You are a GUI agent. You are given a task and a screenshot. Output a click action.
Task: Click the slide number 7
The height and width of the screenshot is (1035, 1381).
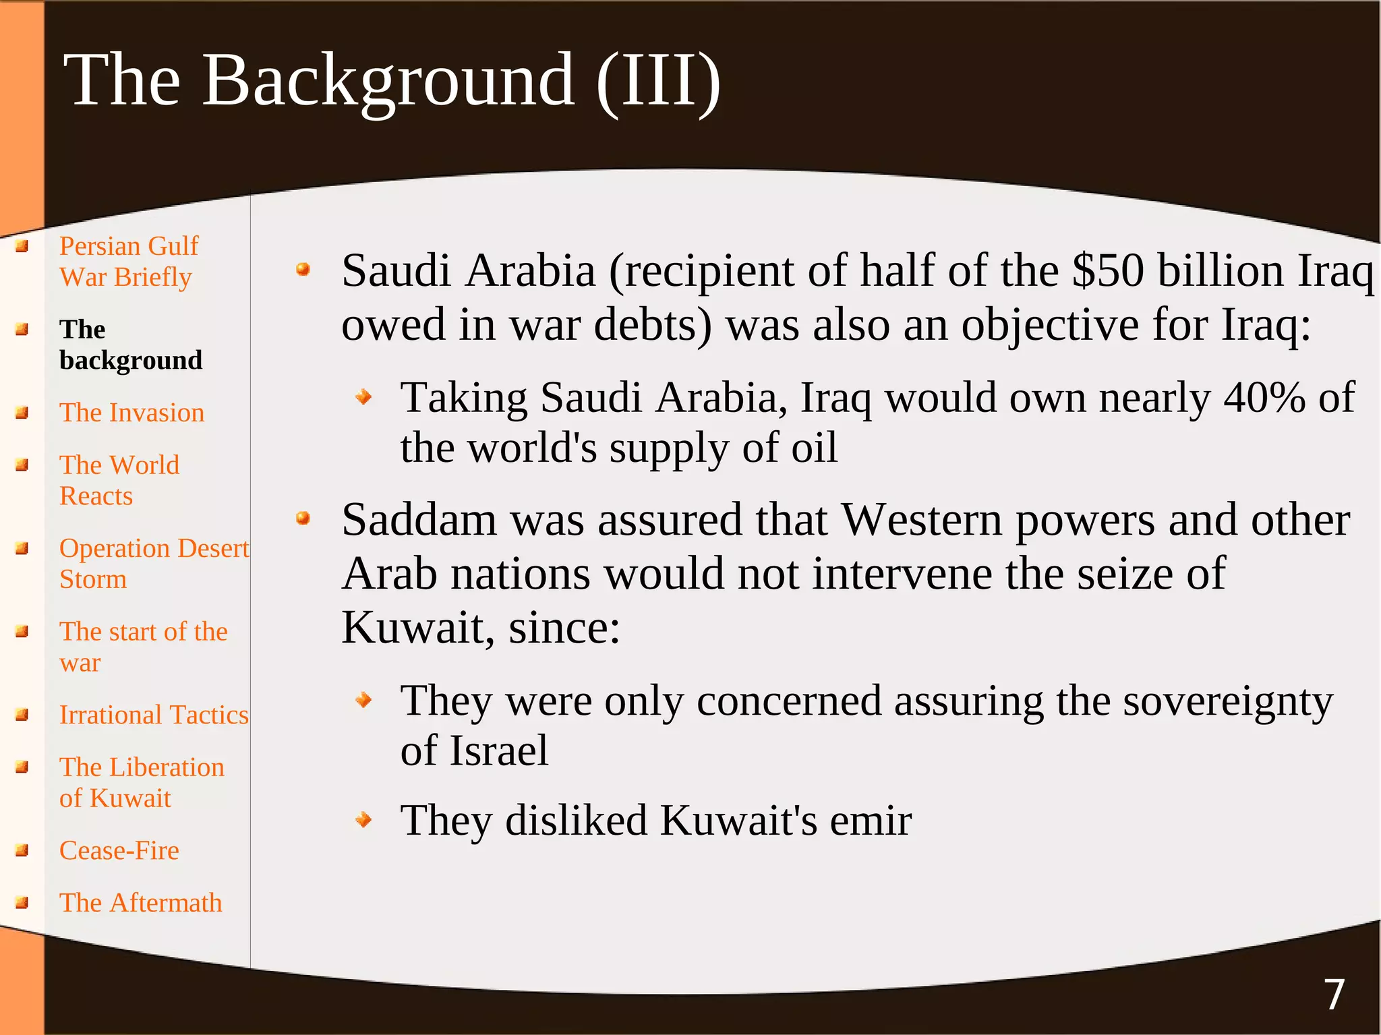1334,995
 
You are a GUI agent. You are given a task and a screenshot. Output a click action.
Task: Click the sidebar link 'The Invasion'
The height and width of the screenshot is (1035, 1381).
131,413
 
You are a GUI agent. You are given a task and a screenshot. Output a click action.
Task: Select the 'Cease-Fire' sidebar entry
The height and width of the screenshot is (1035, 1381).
119,851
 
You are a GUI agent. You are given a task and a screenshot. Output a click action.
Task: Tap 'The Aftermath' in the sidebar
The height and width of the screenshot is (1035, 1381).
140,903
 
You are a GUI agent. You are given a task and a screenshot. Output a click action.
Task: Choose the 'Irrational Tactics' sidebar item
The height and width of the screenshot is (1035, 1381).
154,715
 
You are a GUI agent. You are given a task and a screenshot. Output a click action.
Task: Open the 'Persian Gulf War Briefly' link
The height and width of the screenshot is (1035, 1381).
128,262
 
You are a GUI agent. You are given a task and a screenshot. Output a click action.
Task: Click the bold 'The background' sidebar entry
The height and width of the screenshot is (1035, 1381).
131,345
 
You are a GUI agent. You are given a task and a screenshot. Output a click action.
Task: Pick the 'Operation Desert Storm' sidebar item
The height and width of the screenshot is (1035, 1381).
154,564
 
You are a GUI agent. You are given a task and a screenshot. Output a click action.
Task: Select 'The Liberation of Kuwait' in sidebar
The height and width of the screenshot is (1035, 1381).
142,783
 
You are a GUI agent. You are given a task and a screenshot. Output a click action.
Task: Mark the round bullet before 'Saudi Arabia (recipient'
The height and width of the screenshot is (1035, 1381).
303,270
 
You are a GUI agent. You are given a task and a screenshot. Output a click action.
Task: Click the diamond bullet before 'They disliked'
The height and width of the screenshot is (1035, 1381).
364,820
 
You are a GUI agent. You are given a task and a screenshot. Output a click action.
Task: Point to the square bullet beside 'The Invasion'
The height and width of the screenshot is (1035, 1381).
22,413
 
